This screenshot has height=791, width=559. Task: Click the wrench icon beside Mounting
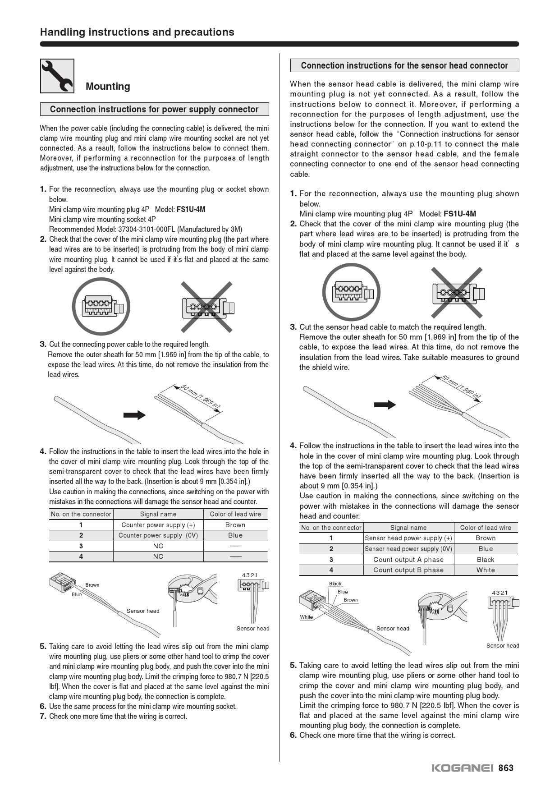pos(57,76)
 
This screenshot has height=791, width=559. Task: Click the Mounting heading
pos(108,87)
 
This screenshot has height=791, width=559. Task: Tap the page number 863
pos(506,768)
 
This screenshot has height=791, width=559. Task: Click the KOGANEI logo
pos(463,768)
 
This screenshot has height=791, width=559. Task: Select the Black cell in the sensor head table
pos(486,560)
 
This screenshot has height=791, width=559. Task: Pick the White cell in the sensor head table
pos(486,570)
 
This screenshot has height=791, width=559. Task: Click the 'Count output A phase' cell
pos(408,560)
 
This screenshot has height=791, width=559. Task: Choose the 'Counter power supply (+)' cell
pos(158,525)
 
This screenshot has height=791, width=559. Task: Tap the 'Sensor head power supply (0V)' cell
pos(408,549)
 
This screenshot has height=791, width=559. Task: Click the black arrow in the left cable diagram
pos(134,415)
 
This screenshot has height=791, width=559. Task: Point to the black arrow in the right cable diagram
pos(385,405)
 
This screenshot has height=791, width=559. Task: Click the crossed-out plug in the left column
pos(207,307)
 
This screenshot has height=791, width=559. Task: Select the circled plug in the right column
pos(352,292)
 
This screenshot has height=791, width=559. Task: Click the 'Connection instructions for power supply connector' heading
pos(154,109)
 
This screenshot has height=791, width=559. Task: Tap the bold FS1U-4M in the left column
pos(191,209)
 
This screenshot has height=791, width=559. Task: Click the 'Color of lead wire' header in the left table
pos(235,514)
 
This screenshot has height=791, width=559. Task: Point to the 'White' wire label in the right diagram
pos(307,617)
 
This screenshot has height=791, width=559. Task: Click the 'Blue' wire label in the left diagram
pos(77,594)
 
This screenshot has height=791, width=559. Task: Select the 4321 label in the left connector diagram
pos(250,575)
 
